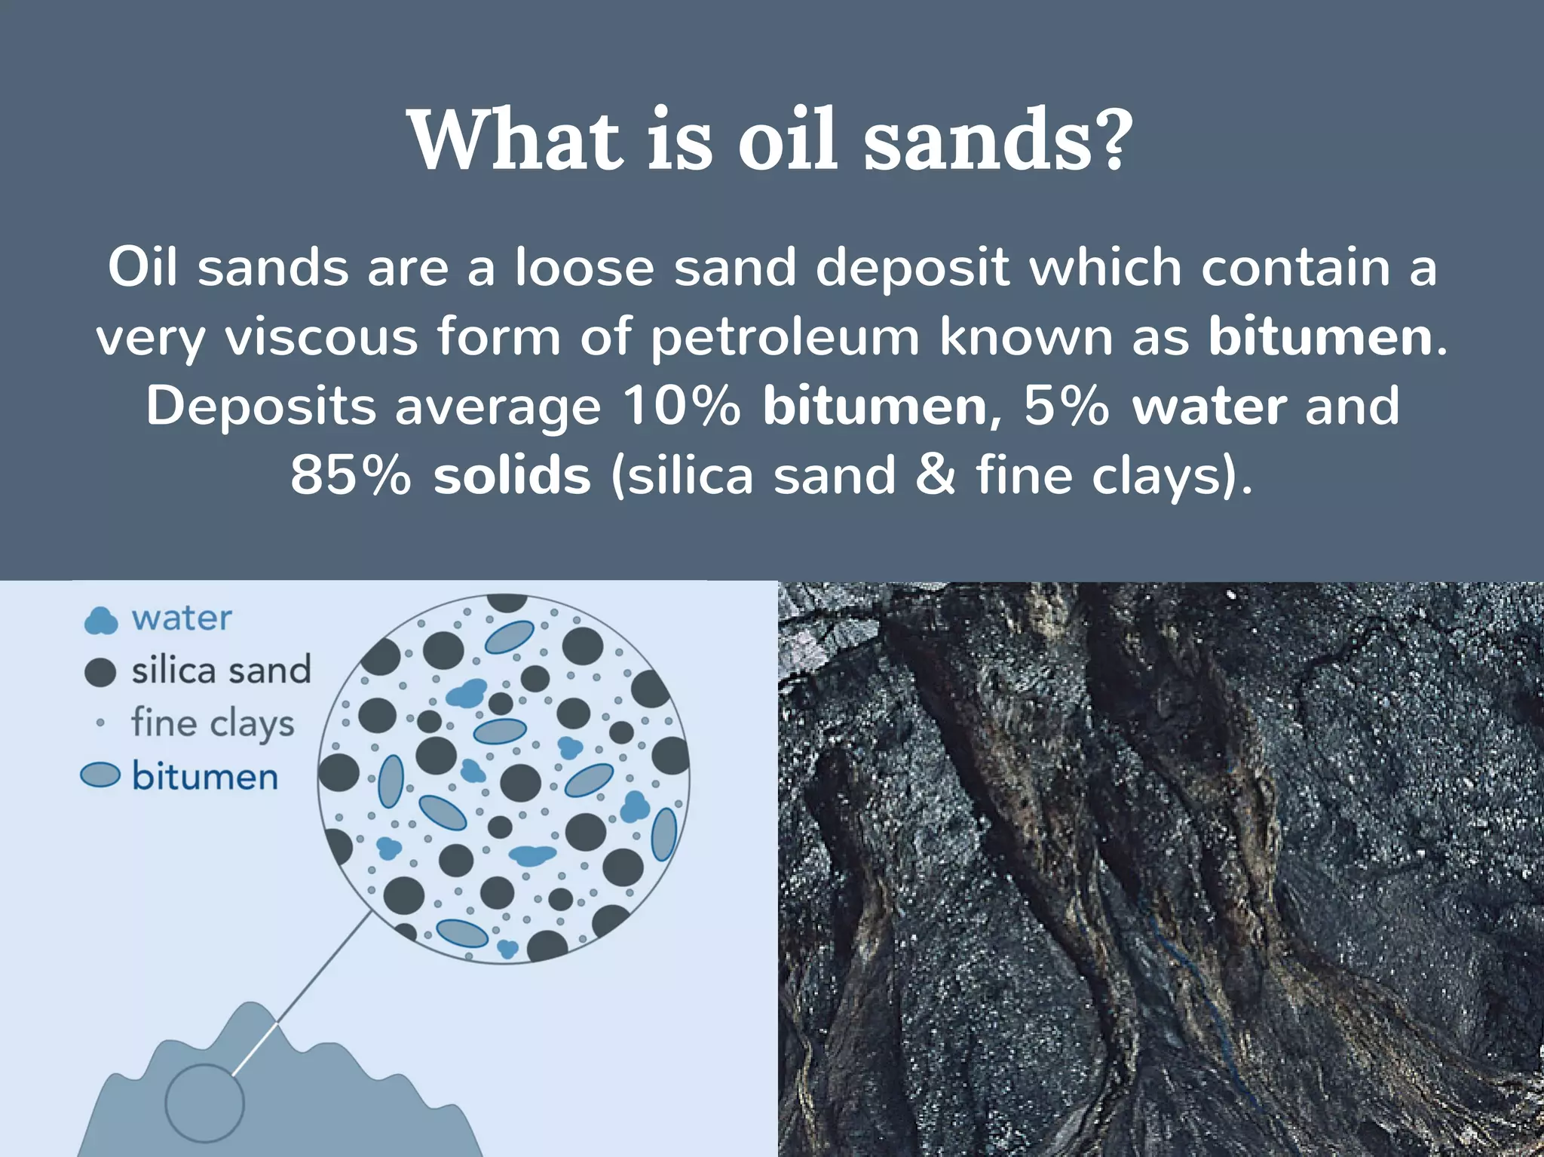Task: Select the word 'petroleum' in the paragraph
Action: tap(784, 336)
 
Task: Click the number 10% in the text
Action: tap(681, 406)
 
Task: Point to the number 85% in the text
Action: tap(351, 475)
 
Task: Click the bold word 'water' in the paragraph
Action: tap(1209, 406)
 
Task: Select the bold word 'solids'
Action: tap(512, 475)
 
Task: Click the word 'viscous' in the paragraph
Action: tap(321, 336)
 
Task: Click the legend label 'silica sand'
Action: tap(221, 671)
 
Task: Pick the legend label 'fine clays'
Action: tap(213, 723)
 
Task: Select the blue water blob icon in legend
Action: tap(100, 620)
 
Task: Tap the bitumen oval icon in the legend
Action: tap(100, 775)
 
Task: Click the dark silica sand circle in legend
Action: tap(100, 671)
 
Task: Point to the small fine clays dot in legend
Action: tap(100, 723)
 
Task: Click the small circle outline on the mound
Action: tap(204, 1103)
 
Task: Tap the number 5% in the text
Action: tap(1066, 406)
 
